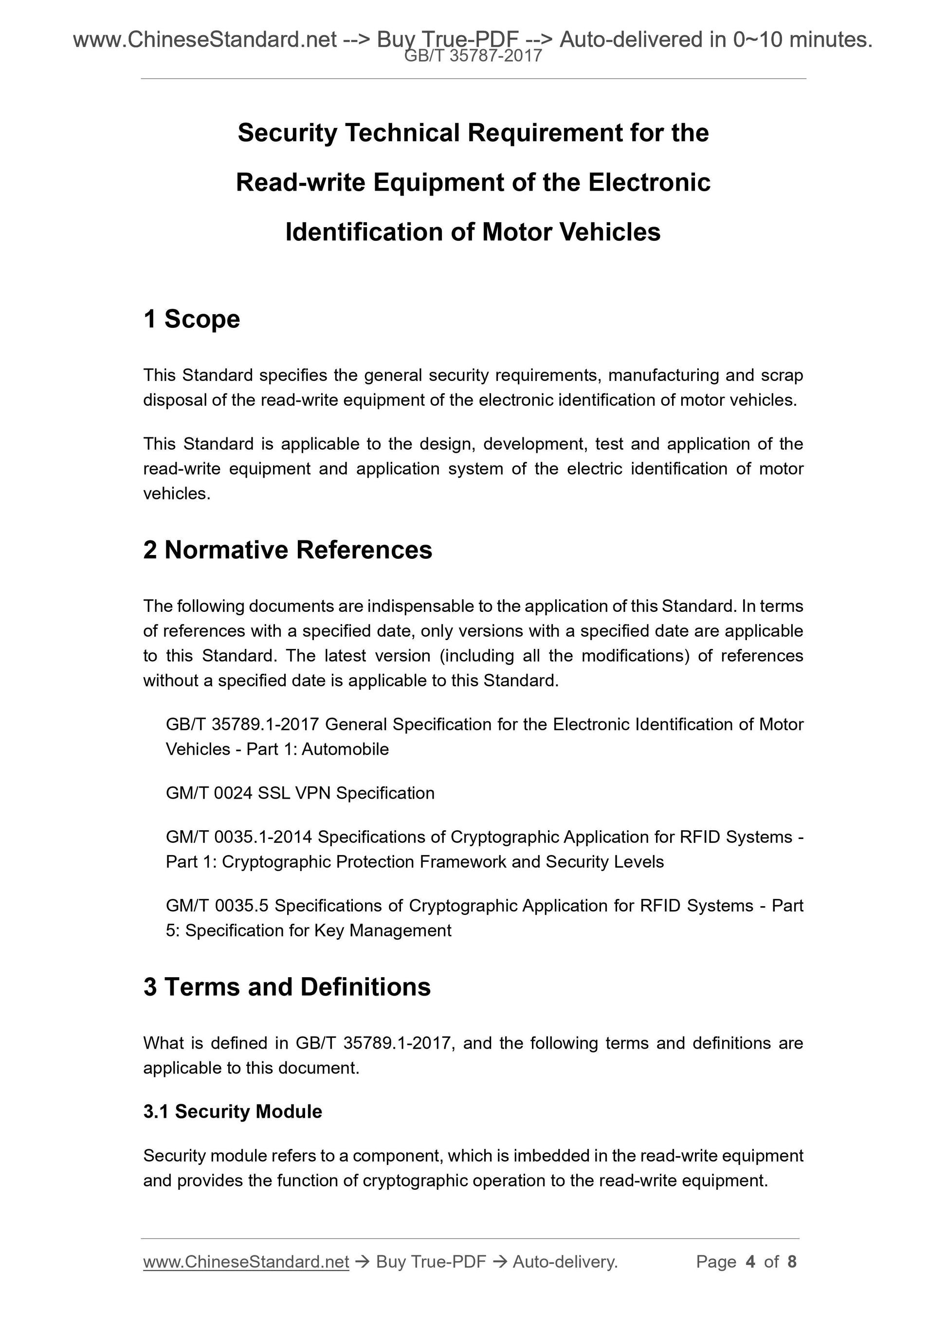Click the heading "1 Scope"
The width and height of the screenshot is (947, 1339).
[191, 319]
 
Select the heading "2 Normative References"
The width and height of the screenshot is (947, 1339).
[288, 550]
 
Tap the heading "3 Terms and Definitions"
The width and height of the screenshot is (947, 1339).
[287, 987]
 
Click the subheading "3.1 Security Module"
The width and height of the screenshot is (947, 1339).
[232, 1111]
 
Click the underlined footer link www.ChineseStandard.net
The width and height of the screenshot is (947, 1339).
[246, 1262]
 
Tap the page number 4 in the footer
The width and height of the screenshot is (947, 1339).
[750, 1262]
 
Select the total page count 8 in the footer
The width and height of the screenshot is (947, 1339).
[792, 1262]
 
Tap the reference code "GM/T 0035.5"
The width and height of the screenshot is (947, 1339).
[217, 906]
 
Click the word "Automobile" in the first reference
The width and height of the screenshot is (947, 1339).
[346, 750]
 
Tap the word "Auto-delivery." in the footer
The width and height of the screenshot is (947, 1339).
[565, 1262]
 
